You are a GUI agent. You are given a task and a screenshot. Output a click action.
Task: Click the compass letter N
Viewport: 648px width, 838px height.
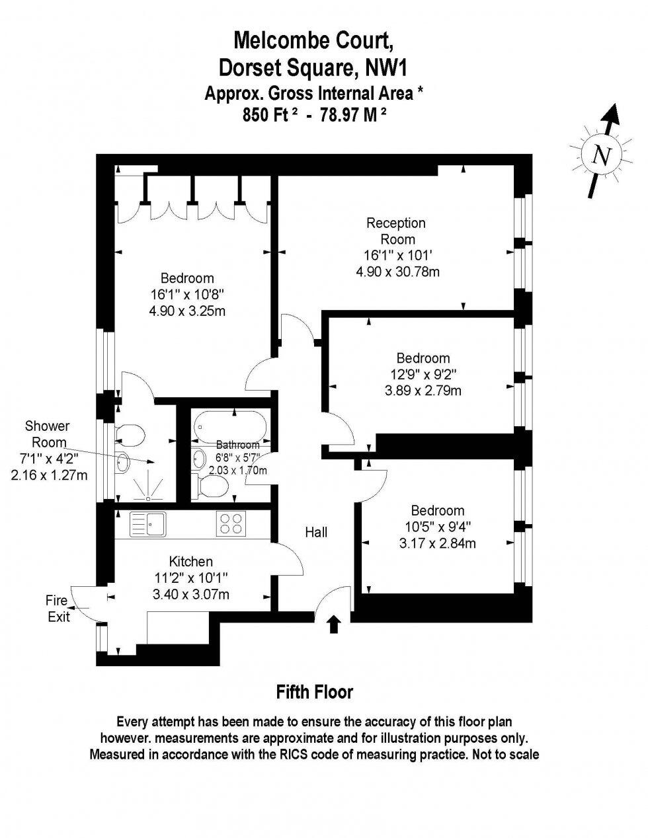point(600,155)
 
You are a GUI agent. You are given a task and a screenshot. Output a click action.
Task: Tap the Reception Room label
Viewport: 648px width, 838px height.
point(396,231)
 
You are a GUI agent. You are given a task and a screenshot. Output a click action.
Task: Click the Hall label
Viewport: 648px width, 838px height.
point(316,531)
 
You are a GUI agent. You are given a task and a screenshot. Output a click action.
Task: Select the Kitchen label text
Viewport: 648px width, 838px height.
point(190,562)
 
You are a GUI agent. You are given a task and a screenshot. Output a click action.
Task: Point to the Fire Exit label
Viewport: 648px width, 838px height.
point(56,609)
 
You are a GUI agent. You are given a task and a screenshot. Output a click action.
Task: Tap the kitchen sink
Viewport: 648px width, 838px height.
point(147,524)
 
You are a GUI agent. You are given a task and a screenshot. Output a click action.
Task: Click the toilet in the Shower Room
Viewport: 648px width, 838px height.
point(131,434)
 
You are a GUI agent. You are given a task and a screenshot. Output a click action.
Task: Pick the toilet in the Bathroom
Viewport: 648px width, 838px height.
point(213,487)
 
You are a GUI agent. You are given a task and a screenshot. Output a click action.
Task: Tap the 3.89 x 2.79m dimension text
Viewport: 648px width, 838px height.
point(423,391)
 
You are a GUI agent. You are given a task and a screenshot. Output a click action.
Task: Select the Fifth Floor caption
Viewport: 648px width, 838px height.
point(314,692)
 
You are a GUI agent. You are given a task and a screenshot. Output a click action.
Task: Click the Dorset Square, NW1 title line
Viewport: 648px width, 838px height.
point(313,67)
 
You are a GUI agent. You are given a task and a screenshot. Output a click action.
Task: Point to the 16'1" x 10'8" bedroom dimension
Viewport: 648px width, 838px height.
point(187,294)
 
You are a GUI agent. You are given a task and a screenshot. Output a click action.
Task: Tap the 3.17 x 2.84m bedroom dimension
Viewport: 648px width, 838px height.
point(438,544)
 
